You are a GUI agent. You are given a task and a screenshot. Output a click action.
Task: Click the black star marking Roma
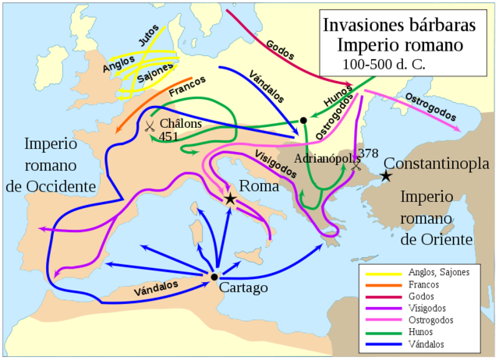click(230, 199)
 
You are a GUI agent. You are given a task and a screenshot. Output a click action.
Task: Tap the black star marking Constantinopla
click(385, 176)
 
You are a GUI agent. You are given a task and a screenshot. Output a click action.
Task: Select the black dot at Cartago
click(214, 276)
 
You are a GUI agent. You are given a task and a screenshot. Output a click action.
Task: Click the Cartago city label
click(244, 288)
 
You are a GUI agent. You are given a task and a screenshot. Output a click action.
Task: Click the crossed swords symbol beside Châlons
click(149, 125)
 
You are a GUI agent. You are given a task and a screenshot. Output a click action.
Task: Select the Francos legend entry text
click(425, 284)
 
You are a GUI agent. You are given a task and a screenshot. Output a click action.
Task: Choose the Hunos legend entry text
click(423, 331)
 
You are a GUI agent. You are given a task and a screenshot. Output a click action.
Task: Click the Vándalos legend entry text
click(428, 343)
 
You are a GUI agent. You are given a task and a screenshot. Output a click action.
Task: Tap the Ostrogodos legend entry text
click(432, 319)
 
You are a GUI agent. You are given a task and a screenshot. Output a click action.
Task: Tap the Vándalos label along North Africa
click(156, 288)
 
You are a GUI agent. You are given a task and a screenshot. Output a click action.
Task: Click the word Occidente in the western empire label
click(70, 185)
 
